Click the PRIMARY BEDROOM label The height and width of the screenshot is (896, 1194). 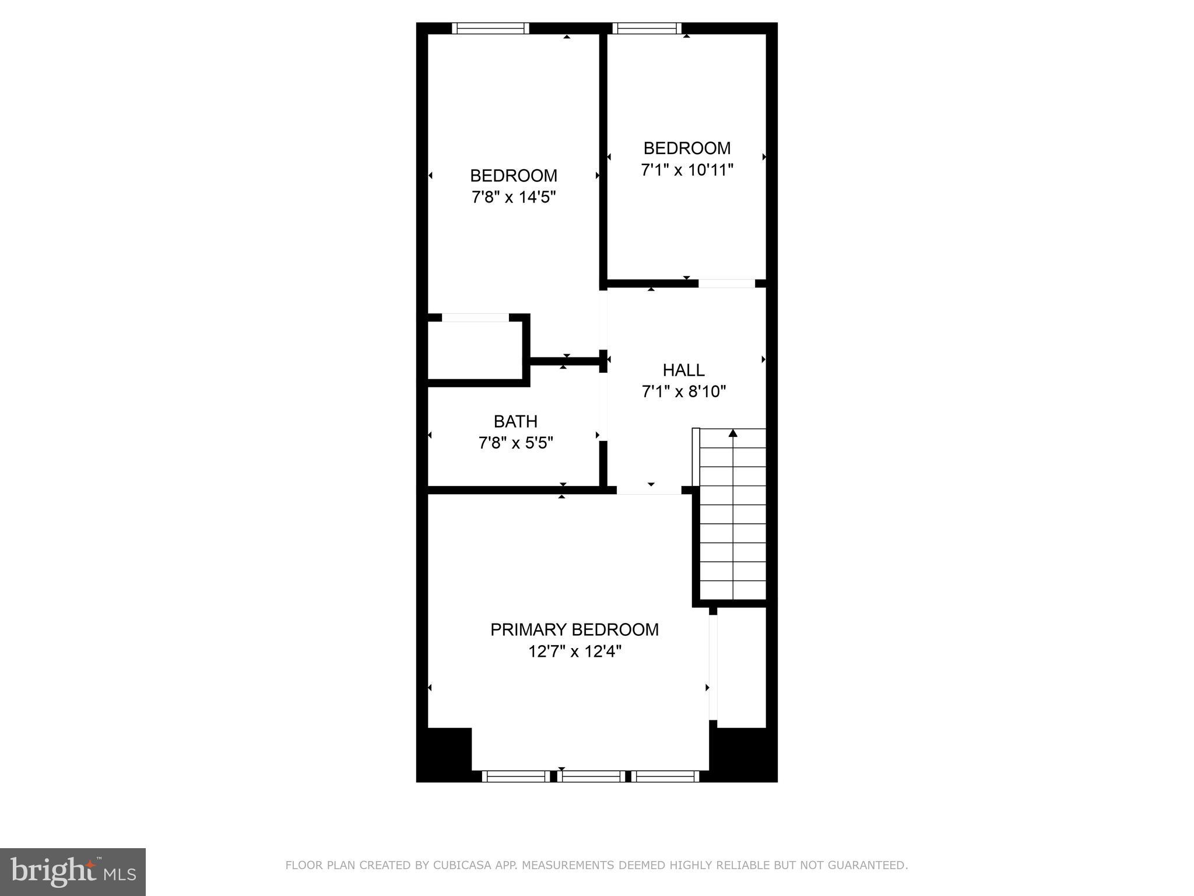[574, 629]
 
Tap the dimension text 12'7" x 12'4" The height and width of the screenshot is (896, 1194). [574, 652]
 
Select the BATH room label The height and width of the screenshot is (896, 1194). [515, 421]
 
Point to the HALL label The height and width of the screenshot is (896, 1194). [683, 370]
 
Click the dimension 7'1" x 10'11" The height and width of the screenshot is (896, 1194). [687, 170]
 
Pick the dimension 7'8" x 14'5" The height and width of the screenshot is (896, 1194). [514, 197]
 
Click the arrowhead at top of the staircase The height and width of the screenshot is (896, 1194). [733, 433]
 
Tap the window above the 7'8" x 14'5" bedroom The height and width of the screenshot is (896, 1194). [490, 28]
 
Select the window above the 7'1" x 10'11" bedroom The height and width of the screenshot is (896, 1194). [647, 28]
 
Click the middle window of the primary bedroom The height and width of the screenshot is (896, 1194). [591, 776]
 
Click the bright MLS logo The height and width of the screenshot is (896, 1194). [73, 871]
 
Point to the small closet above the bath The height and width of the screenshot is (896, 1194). [475, 350]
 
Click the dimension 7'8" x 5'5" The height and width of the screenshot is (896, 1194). [515, 443]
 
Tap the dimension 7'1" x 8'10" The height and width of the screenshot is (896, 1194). [683, 391]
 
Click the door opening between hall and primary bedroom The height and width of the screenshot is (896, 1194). [649, 491]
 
